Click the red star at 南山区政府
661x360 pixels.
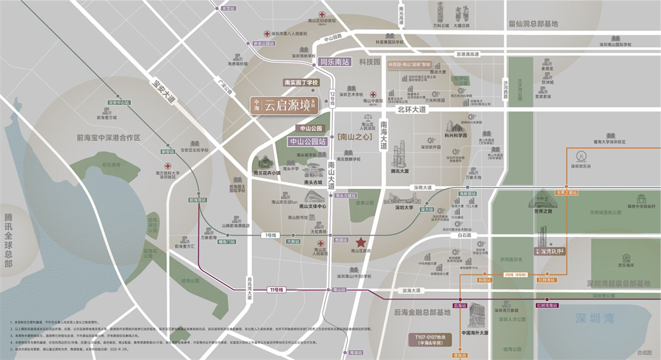coord(361,243)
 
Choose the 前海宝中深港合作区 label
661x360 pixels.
coord(109,138)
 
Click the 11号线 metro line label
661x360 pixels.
coord(276,290)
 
